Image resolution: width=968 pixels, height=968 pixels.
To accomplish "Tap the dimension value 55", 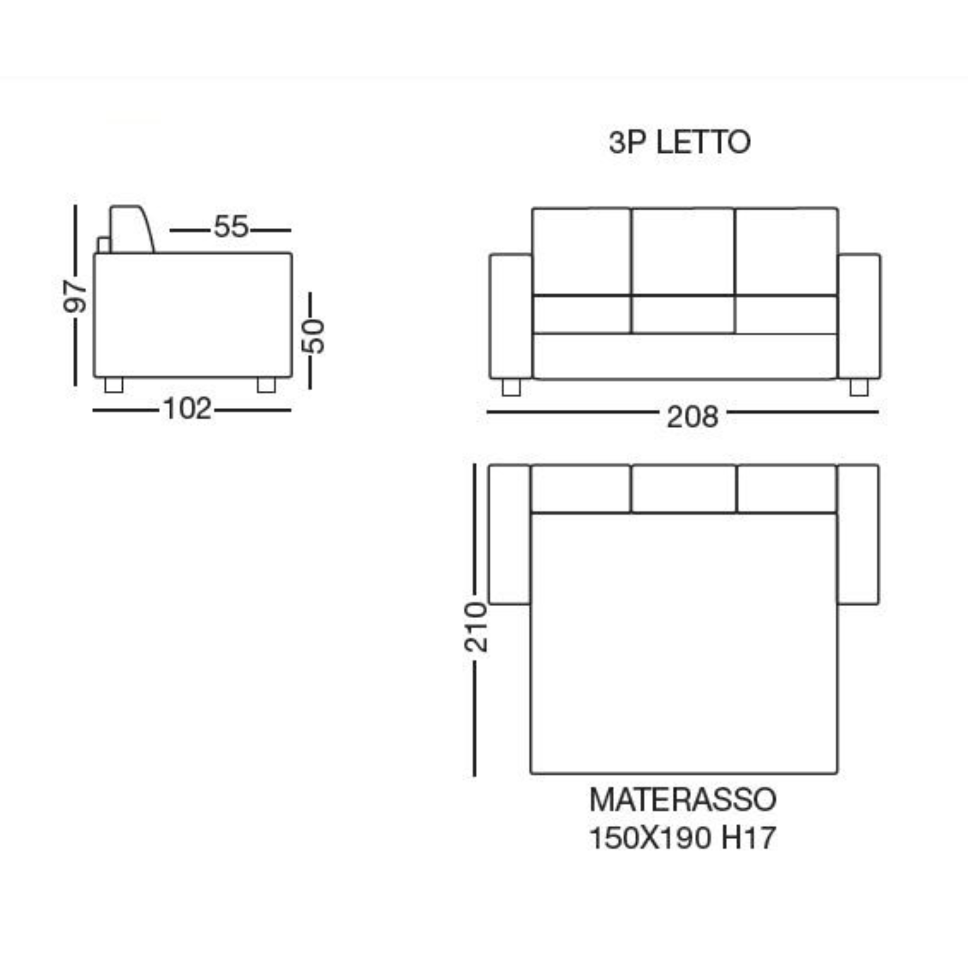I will point(231,227).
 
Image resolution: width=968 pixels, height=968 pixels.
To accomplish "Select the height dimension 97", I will point(75,297).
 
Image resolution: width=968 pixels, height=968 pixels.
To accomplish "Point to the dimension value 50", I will point(313,336).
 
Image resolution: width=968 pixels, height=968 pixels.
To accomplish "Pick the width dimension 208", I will point(692,416).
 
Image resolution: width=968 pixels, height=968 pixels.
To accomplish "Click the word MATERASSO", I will point(682,800).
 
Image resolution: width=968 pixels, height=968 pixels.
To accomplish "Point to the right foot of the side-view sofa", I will point(266,385).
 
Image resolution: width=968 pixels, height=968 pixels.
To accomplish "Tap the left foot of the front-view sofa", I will point(511,387).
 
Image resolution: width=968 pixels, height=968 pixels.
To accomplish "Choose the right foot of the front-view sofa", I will point(859,387).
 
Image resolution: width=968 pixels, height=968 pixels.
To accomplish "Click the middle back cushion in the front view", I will point(683,252).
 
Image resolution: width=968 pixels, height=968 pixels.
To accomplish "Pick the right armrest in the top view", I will point(858,535).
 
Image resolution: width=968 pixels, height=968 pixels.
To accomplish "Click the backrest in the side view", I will point(130,230).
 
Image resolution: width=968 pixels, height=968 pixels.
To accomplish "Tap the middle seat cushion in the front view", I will point(683,315).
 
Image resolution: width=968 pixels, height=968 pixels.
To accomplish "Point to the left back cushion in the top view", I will point(581,489).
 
